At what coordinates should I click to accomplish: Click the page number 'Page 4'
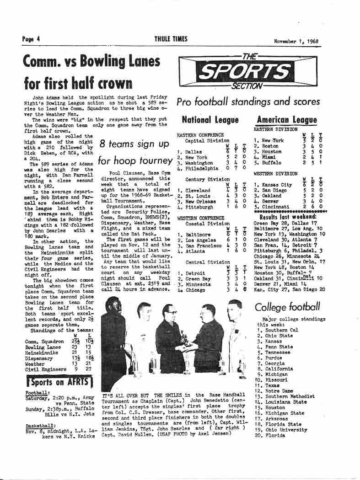click(31, 39)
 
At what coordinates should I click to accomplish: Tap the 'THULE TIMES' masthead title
click(171, 39)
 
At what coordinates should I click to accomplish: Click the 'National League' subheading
click(210, 120)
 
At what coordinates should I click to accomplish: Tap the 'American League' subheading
click(287, 120)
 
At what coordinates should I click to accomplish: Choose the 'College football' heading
click(287, 307)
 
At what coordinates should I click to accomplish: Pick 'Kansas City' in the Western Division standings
click(277, 185)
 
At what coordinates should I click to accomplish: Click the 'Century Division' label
click(208, 179)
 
